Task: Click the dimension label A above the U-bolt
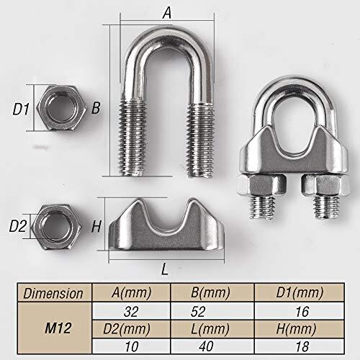coord(168,12)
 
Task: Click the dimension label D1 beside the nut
coord(21,109)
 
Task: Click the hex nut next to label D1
coord(60,109)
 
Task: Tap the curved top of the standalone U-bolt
coord(167,48)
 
